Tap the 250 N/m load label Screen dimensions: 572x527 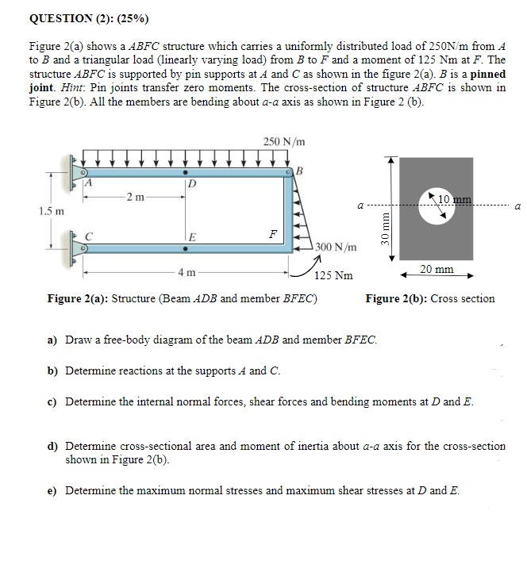(x=283, y=141)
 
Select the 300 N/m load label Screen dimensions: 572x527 (x=334, y=248)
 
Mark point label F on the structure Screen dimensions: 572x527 (x=272, y=234)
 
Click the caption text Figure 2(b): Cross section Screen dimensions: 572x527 (x=429, y=299)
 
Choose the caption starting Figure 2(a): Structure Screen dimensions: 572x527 (x=182, y=299)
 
